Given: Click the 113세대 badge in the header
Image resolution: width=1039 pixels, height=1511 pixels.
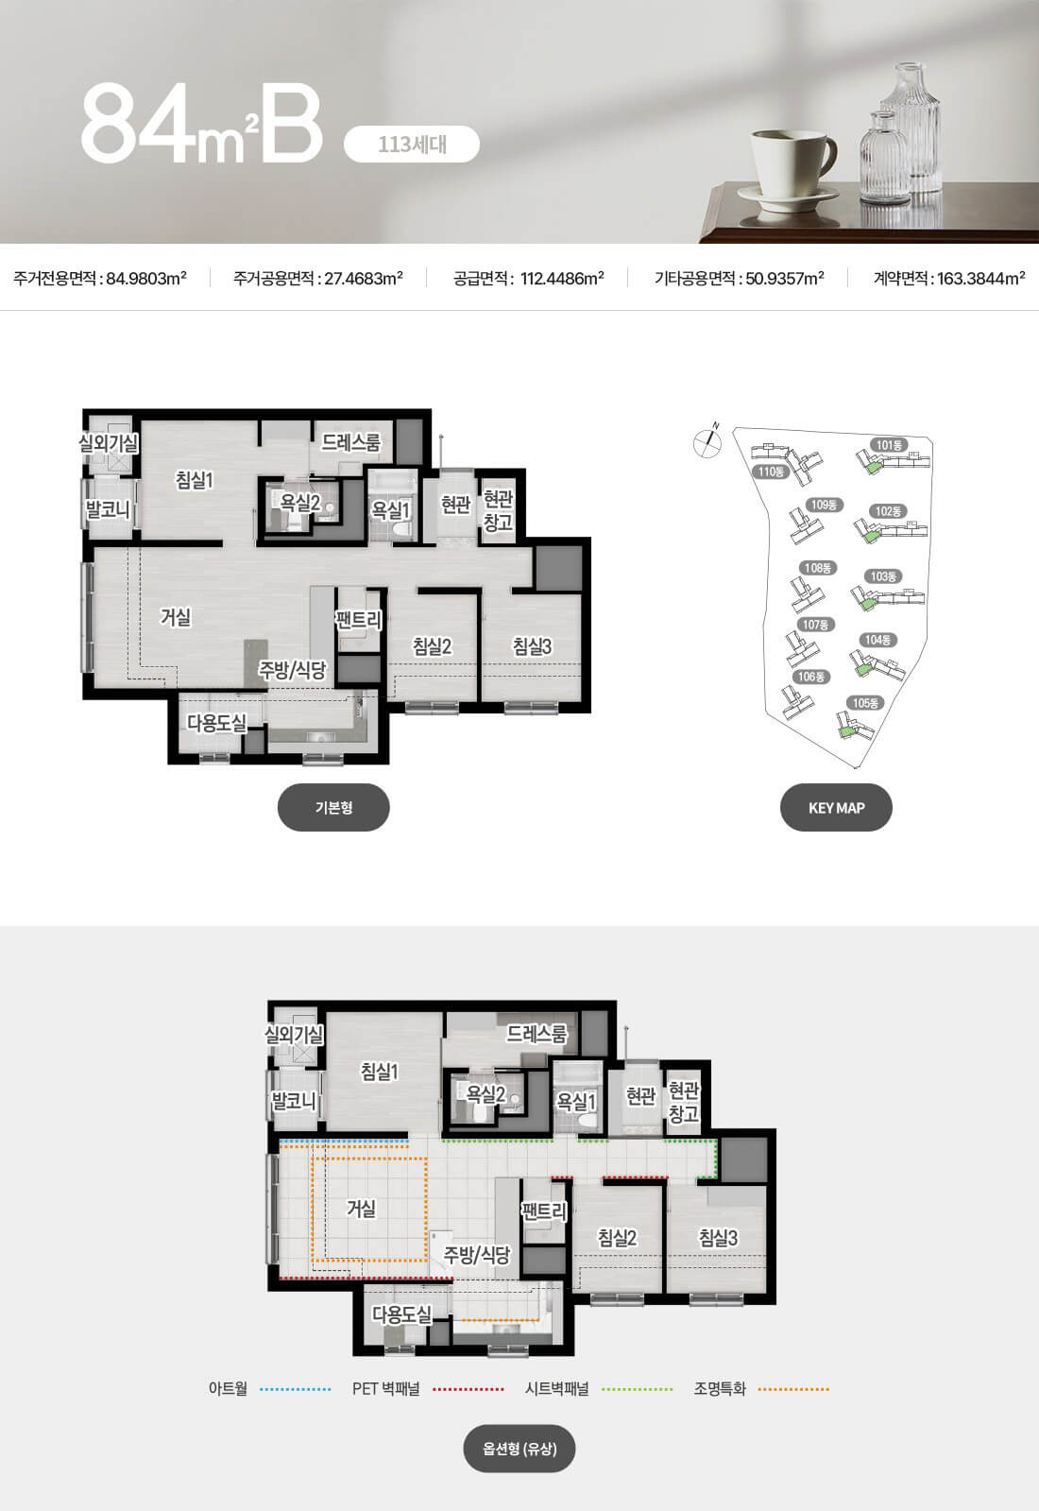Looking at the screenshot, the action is [411, 144].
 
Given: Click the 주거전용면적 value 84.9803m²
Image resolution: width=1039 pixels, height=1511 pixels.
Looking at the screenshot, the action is [146, 278].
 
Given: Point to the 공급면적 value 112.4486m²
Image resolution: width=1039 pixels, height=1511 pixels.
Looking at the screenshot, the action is [562, 278].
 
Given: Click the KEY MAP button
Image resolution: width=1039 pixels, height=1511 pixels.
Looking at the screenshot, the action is [836, 807].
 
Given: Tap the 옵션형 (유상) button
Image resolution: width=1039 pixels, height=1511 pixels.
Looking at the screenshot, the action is [519, 1449].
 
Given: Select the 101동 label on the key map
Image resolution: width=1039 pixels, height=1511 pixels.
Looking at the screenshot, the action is [889, 445].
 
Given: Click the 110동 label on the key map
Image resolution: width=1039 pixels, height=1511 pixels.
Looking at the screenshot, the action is [771, 472].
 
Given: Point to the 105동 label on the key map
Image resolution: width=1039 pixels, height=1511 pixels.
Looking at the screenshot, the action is [865, 703].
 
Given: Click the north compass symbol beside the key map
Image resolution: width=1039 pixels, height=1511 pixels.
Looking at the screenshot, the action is [708, 441].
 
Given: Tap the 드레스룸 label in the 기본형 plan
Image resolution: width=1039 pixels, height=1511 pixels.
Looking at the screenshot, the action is [350, 442].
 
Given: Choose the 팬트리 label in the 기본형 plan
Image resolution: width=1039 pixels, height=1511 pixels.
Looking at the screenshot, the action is [359, 619].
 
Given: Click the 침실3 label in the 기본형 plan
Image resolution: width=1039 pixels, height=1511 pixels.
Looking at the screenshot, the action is [532, 646].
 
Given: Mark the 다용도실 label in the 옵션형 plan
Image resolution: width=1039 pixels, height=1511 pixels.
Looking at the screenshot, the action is [401, 1314].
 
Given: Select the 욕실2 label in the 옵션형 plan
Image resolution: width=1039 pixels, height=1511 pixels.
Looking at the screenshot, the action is [485, 1093].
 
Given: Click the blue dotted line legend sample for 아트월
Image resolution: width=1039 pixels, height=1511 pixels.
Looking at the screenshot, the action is [296, 1389].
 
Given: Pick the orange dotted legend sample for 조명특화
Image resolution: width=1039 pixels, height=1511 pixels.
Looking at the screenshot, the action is [793, 1389].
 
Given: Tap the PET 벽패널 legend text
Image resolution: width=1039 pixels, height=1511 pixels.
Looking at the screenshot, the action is [386, 1389].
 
